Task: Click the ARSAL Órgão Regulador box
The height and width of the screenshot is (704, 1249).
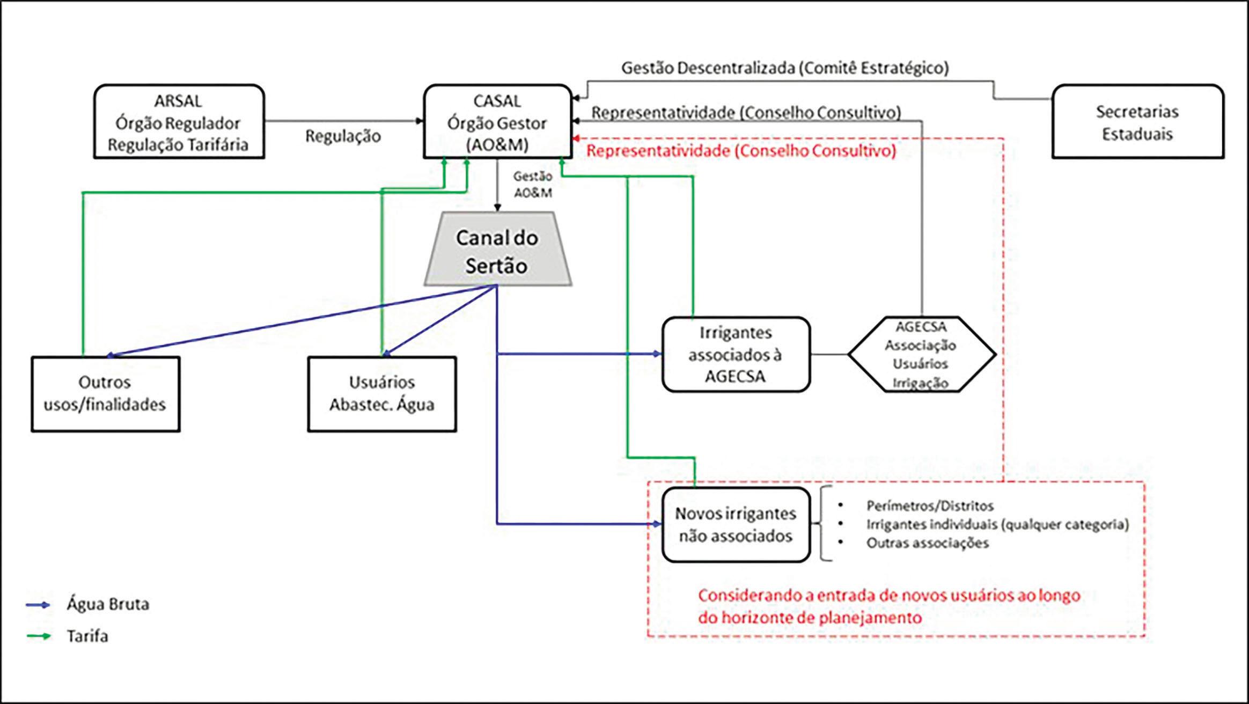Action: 179,122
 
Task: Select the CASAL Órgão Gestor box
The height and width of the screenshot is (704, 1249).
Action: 497,122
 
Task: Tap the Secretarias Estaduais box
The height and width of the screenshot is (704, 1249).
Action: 1137,122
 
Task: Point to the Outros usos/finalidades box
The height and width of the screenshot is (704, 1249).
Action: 105,393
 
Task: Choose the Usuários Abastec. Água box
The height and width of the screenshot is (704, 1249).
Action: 382,393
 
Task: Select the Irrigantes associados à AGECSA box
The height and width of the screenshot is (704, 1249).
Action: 736,354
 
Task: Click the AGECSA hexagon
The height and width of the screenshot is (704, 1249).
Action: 921,354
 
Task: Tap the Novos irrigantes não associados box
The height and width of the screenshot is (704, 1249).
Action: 736,524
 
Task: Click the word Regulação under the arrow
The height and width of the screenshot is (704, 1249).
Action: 343,136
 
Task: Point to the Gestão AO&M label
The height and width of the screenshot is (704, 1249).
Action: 532,184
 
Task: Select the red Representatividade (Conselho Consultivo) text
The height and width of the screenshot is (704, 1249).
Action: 741,151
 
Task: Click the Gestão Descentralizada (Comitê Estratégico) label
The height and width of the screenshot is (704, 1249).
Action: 785,68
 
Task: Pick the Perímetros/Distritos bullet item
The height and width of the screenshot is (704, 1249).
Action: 930,505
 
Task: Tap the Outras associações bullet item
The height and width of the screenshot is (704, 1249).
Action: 928,542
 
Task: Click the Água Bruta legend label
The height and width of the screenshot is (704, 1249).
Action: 108,604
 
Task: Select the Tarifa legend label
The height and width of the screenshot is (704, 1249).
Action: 87,636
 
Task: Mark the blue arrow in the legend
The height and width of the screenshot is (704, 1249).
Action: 38,605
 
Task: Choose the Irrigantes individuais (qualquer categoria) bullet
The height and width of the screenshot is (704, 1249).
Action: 997,524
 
